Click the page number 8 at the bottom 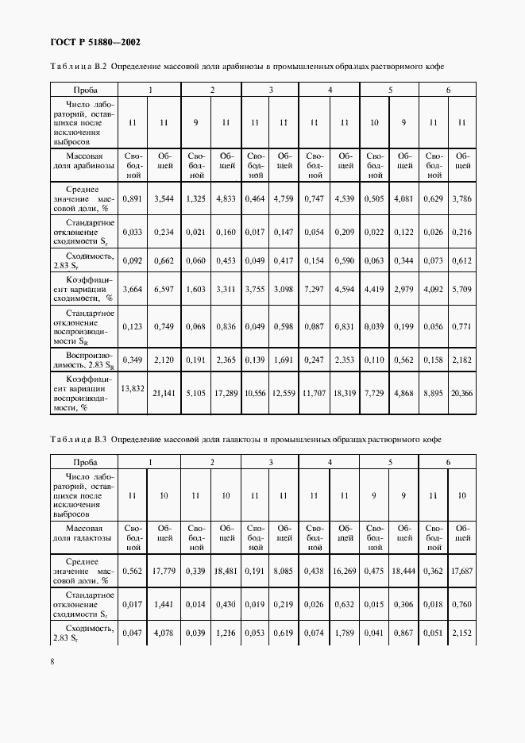tap(52, 661)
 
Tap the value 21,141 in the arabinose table tap(164, 393)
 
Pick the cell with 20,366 tap(461, 393)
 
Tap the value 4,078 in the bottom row tap(164, 633)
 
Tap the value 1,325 tap(195, 199)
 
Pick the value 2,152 tap(461, 633)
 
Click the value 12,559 tap(284, 393)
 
